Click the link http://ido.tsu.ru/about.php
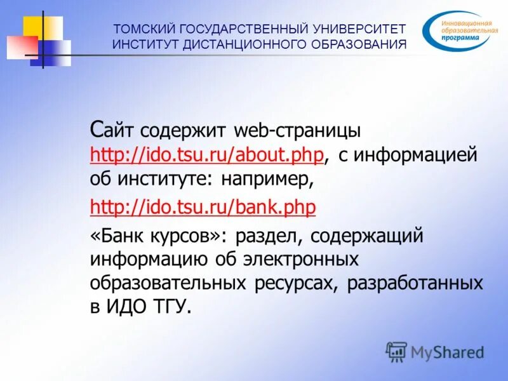(208, 155)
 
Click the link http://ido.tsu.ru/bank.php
(203, 207)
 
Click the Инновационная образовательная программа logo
(458, 30)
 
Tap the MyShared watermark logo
(436, 351)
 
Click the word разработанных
(415, 283)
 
